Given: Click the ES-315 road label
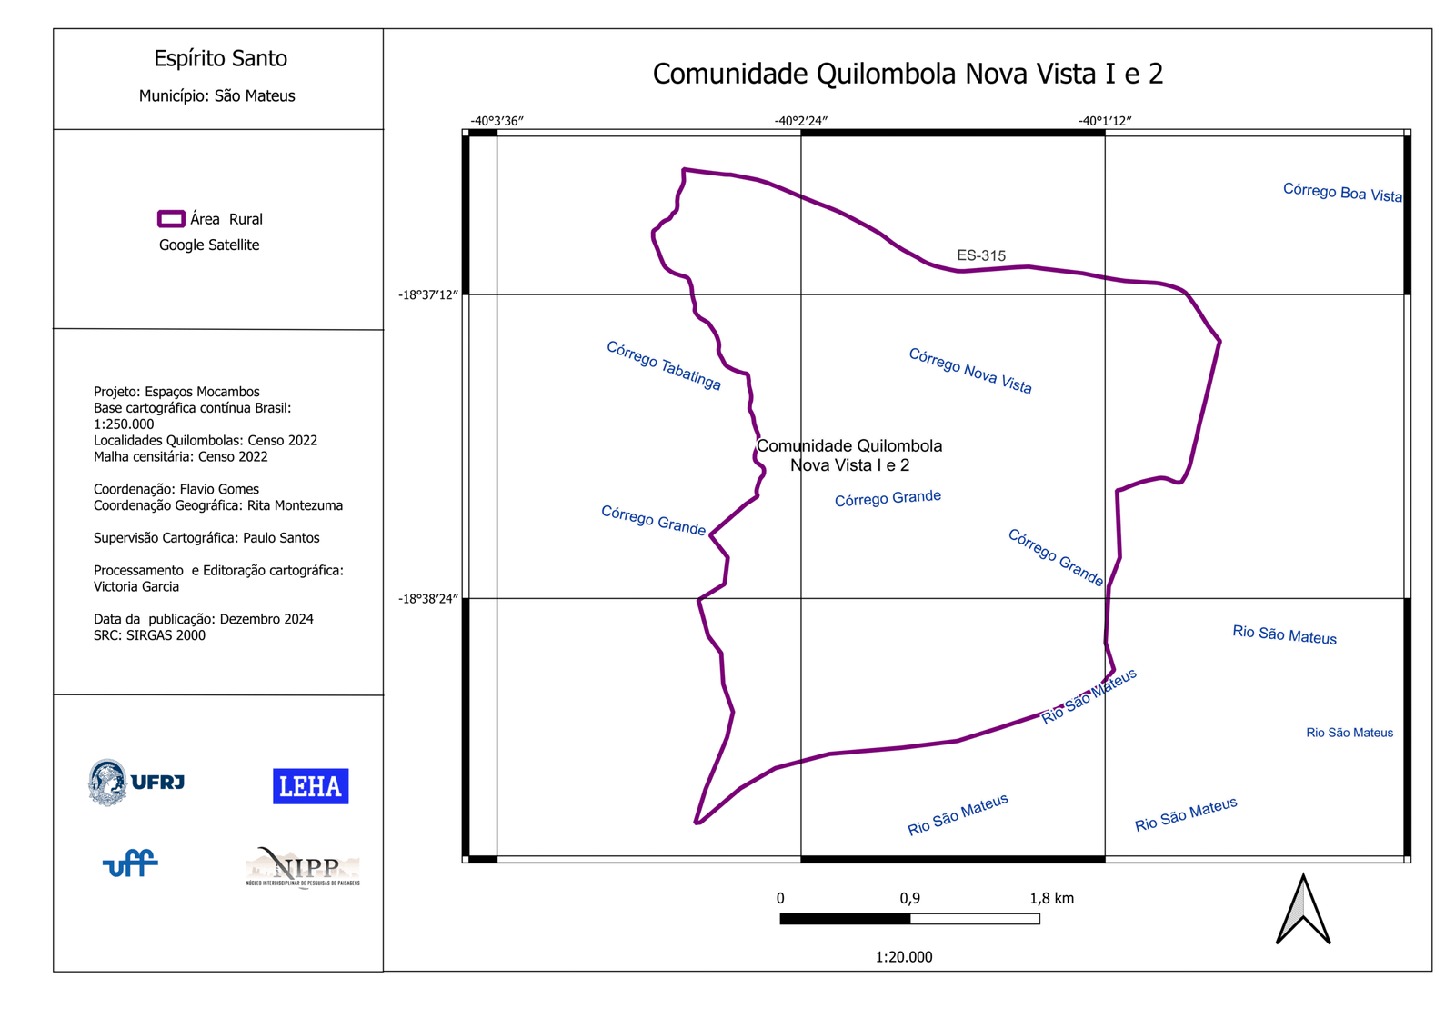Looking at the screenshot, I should pyautogui.click(x=981, y=255).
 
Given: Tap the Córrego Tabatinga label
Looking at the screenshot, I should pyautogui.click(x=664, y=365).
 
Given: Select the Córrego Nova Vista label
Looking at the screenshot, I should pyautogui.click(x=970, y=371).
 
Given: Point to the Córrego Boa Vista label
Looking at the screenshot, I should pyautogui.click(x=1342, y=192).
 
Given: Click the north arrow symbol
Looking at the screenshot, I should pyautogui.click(x=1303, y=910).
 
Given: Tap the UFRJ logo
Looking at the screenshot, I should pyautogui.click(x=136, y=782).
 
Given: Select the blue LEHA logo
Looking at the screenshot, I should pyautogui.click(x=310, y=786).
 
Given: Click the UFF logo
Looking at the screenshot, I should pyautogui.click(x=130, y=863).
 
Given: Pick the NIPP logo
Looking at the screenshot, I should pyautogui.click(x=303, y=868).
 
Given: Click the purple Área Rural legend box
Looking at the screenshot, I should pyautogui.click(x=171, y=219).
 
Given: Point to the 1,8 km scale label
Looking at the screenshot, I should pyautogui.click(x=1051, y=898).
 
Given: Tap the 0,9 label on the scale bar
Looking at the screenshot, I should pyautogui.click(x=909, y=898).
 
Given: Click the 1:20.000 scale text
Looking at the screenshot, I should pyautogui.click(x=904, y=956).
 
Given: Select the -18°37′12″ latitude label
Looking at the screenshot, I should pyautogui.click(x=428, y=294).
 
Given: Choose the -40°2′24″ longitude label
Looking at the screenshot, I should pyautogui.click(x=800, y=121).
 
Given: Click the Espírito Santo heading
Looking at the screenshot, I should pyautogui.click(x=220, y=58).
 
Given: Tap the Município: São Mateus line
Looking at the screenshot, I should pyautogui.click(x=217, y=95).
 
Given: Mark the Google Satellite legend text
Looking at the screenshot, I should pyautogui.click(x=209, y=245).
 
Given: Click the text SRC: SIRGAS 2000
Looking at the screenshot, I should pyautogui.click(x=149, y=635).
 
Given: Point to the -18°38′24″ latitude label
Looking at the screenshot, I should pyautogui.click(x=428, y=598).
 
